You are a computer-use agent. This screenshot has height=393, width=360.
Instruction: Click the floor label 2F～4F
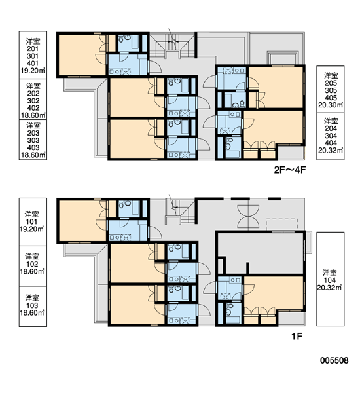tap(290, 170)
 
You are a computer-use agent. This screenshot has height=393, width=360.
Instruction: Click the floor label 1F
tap(297, 337)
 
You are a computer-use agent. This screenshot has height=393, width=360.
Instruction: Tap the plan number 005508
tap(334, 360)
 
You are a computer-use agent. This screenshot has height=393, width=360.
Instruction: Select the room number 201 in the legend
tap(33, 49)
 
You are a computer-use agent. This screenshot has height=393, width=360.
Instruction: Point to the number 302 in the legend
tap(33, 101)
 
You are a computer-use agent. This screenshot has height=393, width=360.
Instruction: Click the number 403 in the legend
tap(33, 147)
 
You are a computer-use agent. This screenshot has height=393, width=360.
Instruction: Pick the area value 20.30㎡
tap(331, 105)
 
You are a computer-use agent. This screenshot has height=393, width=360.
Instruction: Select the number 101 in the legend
tap(31, 222)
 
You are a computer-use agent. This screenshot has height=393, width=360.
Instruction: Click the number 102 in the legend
tap(32, 264)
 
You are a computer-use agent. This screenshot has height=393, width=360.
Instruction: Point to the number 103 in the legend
tap(32, 305)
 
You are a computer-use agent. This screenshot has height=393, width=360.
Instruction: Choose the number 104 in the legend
tap(330, 280)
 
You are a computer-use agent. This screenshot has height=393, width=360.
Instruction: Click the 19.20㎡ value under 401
tap(33, 71)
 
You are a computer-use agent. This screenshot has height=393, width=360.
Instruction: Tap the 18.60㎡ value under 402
tap(33, 115)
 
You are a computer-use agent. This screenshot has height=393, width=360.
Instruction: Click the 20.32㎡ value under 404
tap(331, 150)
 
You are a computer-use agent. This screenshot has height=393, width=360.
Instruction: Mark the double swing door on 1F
tap(248, 215)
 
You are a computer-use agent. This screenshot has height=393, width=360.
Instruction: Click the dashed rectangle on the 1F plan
tap(282, 224)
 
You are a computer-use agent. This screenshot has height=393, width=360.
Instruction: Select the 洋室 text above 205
tap(331, 76)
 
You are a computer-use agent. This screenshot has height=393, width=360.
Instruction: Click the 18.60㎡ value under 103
tap(32, 313)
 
